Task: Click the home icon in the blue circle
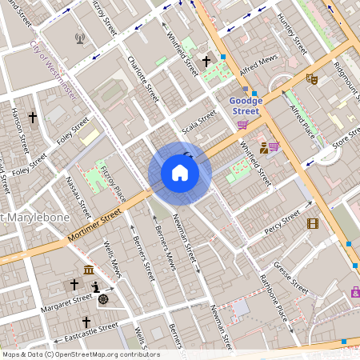[179, 173]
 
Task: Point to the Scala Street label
[199, 122]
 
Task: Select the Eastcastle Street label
[92, 330]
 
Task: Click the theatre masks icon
[312, 79]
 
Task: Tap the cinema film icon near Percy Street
[312, 223]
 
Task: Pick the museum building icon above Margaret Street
[86, 270]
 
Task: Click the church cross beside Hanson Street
[33, 118]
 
